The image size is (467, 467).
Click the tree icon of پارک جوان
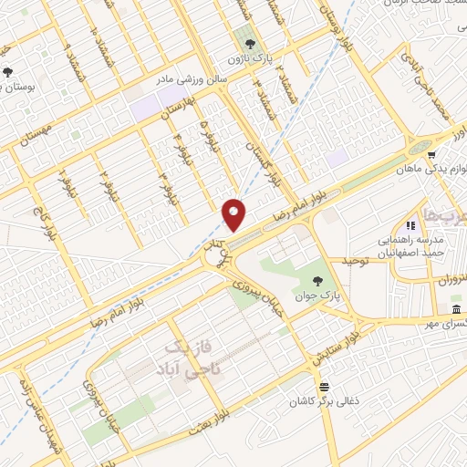pyautogui.click(x=317, y=281)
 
